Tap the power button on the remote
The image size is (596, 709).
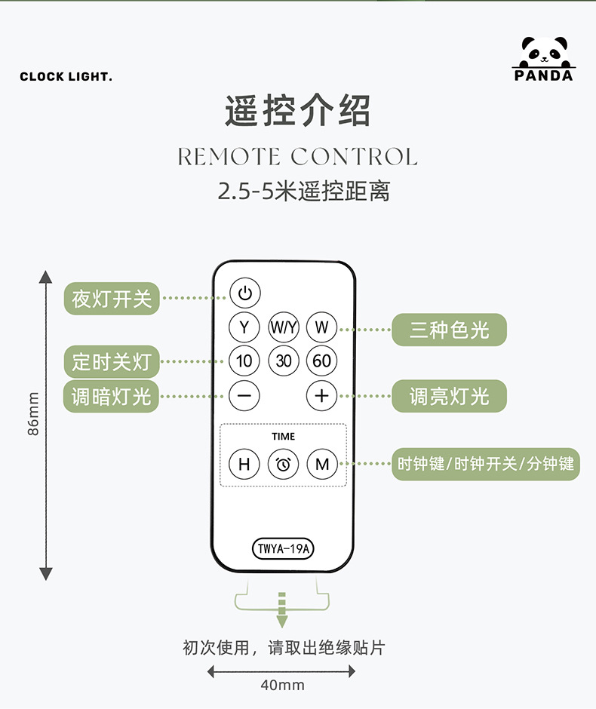coord(244,293)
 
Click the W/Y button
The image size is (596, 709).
coord(284,327)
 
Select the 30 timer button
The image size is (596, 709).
coord(284,361)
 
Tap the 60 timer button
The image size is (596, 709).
coord(322,361)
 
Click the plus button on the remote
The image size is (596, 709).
coord(322,395)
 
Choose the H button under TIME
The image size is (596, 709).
coord(244,464)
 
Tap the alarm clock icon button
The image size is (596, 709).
coord(284,464)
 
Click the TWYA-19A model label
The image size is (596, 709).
coord(283,548)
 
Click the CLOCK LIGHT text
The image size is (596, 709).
coord(66,77)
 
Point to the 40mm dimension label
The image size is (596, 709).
coord(282,686)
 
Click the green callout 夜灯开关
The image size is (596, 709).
coord(112,299)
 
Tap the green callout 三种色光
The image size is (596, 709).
coord(449,330)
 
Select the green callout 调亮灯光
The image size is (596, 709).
coord(449,396)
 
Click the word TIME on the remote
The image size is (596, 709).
coord(284,437)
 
